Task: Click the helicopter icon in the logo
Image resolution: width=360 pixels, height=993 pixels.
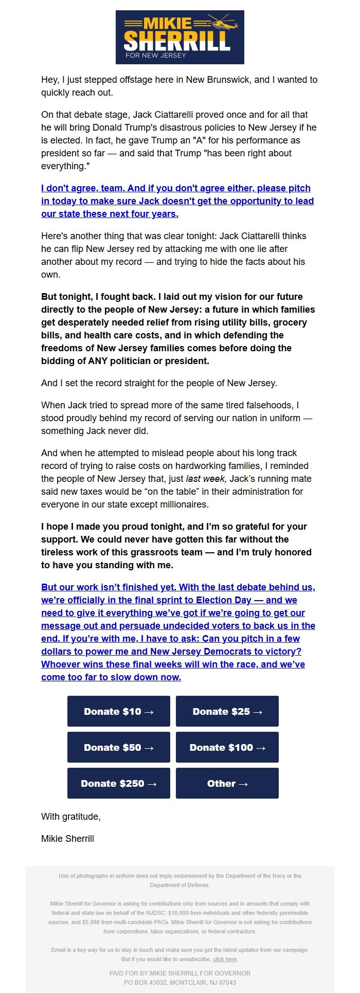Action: pos(222,23)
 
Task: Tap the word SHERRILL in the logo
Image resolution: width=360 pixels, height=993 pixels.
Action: pos(176,40)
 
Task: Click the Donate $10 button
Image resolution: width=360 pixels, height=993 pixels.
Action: pos(119,711)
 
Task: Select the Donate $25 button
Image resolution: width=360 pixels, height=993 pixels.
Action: pos(227,711)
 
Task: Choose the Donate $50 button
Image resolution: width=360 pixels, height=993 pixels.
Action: pos(119,747)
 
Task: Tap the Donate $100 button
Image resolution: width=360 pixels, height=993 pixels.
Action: pos(227,747)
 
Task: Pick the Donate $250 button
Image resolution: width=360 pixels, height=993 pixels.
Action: pos(119,783)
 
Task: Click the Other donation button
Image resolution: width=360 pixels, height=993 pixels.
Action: pos(227,783)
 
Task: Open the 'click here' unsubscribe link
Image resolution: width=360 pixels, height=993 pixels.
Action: pos(225,959)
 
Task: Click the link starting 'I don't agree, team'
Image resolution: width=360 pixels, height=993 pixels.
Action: pos(177,201)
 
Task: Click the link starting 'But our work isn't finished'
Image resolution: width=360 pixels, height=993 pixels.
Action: pos(178,632)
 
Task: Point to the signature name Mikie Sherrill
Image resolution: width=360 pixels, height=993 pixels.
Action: pos(67,839)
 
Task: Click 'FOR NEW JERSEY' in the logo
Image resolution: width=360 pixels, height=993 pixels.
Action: pos(156,55)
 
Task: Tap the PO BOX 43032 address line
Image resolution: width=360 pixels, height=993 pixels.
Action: pos(180,982)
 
